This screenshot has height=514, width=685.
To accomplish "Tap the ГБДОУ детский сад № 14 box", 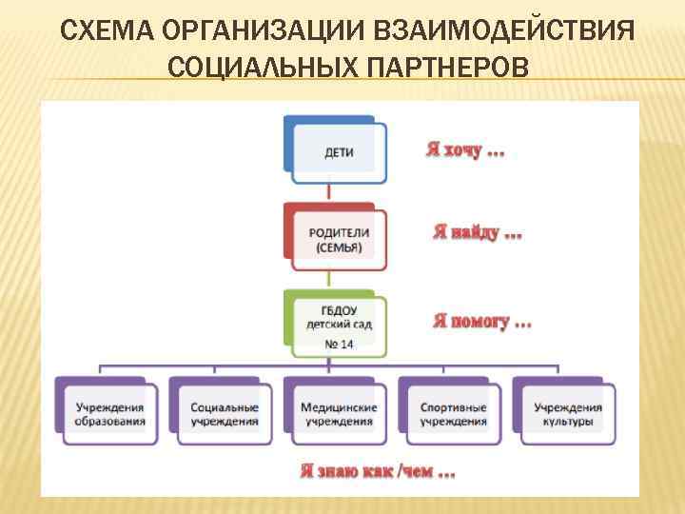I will coord(339,325).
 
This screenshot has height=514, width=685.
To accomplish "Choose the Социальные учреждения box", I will coord(225,414).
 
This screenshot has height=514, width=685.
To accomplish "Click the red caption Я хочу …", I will coord(464,150).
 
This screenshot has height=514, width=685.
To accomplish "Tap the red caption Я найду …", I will coord(477,232).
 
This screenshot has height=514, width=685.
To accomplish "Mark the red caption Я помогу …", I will coord(481,321).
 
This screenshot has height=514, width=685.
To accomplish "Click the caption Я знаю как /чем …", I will coord(377,470).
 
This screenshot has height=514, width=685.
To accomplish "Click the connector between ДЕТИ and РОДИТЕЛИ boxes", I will coord(328,190).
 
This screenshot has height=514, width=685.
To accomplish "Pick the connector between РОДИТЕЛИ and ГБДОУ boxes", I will coord(328,277).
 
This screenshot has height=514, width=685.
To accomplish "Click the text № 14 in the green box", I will coord(339,344).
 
